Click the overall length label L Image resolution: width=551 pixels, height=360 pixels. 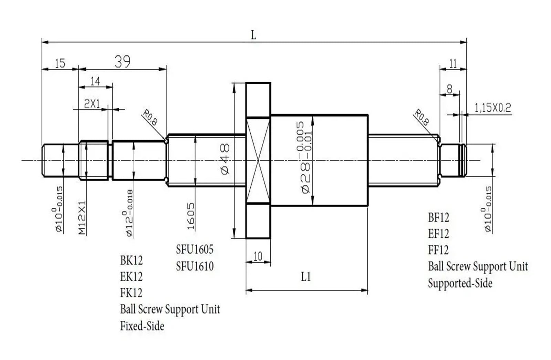coord(253,35)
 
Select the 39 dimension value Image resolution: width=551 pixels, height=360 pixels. coord(123,62)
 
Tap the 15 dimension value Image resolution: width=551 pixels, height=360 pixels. coord(60,63)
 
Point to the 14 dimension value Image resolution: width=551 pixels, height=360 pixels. coord(95,81)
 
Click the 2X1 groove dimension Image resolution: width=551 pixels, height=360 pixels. coord(92,104)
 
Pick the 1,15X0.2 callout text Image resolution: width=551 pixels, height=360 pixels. coord(493,108)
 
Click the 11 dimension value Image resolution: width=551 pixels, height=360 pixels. coord(453,63)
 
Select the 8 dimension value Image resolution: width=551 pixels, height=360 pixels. coord(449,89)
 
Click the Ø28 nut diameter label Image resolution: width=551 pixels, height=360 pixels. coord(305,157)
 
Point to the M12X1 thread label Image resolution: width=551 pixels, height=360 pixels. coord(82,218)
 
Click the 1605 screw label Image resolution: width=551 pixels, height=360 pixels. coord(190,216)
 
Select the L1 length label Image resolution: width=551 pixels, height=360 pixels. coord(306,277)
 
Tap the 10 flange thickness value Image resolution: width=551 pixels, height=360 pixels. coord(258,256)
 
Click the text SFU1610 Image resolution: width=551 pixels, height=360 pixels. coord(195,266)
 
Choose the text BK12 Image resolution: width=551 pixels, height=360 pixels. coord(131,260)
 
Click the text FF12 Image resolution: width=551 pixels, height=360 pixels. coord(438,250)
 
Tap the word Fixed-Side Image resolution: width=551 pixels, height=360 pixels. coord(142,326)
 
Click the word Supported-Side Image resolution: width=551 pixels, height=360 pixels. coord(460,283)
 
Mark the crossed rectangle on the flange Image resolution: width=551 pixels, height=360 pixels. coord(258,160)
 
